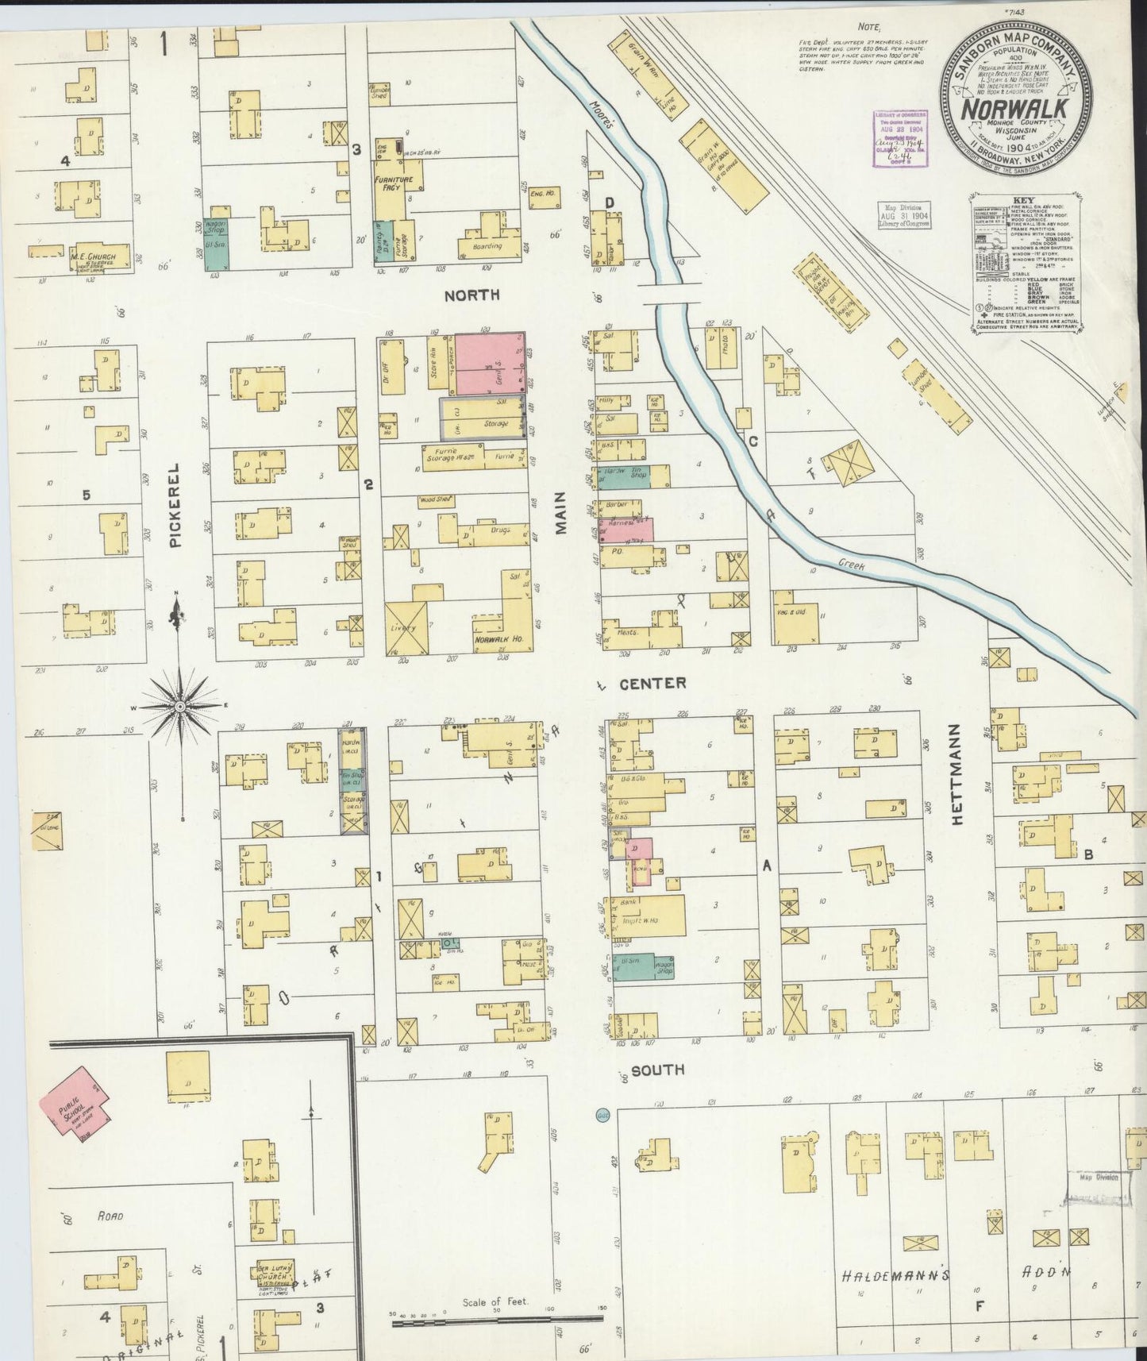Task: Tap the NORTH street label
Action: click(472, 295)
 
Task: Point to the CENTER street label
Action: click(652, 683)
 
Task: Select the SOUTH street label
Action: click(658, 1070)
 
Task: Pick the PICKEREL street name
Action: click(175, 506)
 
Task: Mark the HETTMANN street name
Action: click(956, 773)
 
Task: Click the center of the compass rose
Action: click(180, 706)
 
